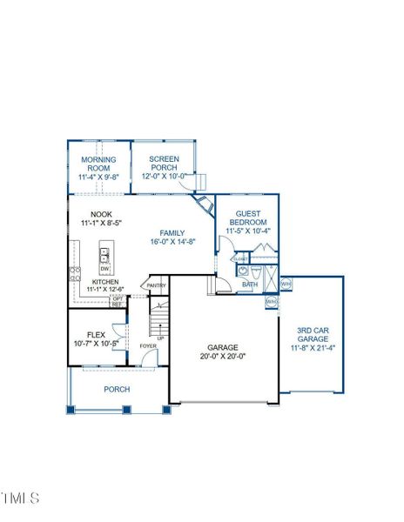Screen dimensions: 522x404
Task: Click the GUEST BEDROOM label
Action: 248,217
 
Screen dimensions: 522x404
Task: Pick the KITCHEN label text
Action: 104,282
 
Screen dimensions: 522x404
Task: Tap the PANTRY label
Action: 156,285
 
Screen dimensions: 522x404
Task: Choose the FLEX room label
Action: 96,334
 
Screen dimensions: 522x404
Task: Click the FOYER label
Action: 149,346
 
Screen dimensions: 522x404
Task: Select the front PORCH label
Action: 117,390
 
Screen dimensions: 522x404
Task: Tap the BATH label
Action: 250,284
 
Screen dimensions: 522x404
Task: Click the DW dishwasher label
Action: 104,269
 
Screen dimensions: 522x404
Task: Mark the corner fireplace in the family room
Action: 205,208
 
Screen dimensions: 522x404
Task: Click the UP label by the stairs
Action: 160,338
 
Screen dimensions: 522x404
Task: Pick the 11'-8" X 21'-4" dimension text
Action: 312,348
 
